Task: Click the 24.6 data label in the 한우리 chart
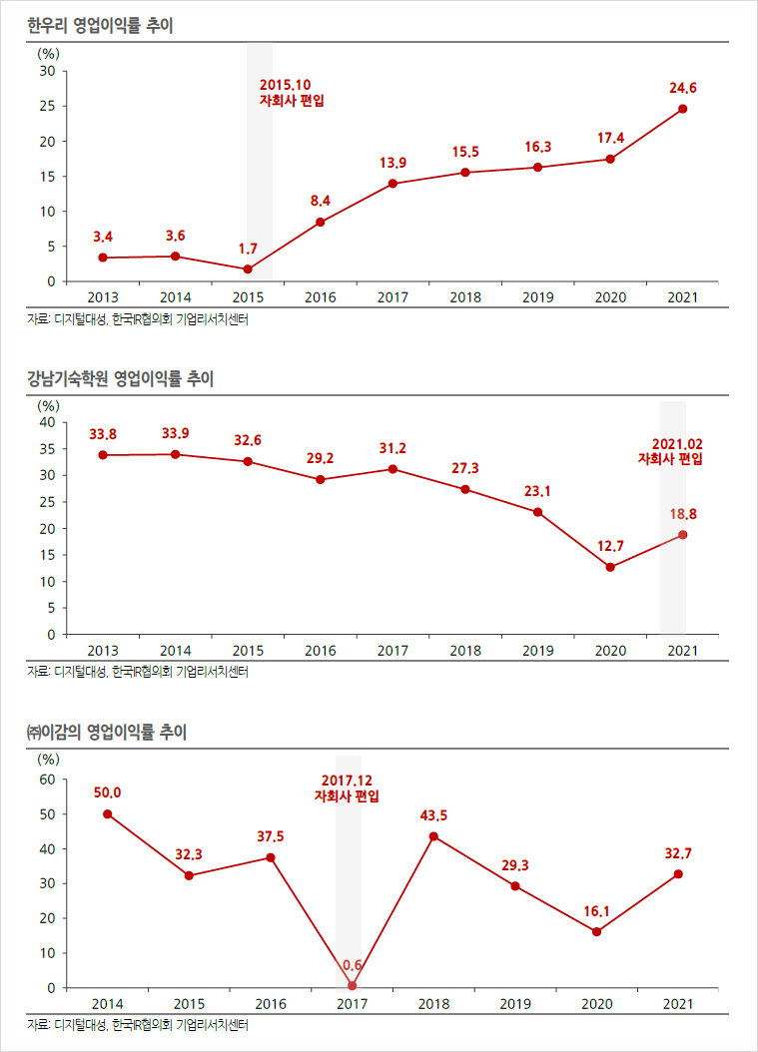683,89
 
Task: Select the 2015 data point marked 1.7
248,269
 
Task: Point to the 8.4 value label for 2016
320,201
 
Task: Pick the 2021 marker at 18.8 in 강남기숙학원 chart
683,535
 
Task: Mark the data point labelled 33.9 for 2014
175,454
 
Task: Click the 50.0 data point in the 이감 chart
108,813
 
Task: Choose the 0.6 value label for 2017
353,965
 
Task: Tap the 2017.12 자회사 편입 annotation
347,789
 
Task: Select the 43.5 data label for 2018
433,815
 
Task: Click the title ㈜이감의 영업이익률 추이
107,733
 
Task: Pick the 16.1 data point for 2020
596,932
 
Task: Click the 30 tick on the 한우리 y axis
47,72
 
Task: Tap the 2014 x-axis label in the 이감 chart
108,1003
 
